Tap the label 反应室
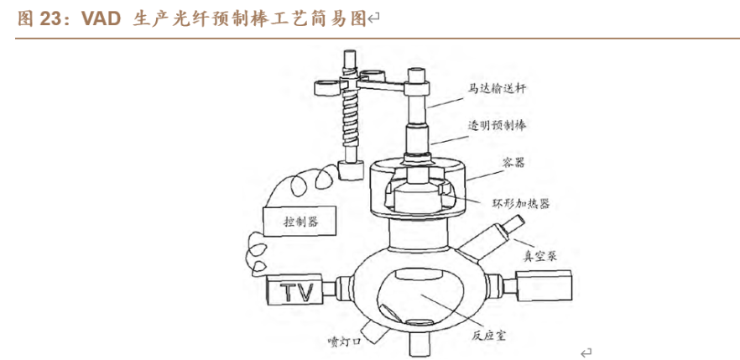point(487,333)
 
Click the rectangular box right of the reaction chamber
point(542,287)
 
